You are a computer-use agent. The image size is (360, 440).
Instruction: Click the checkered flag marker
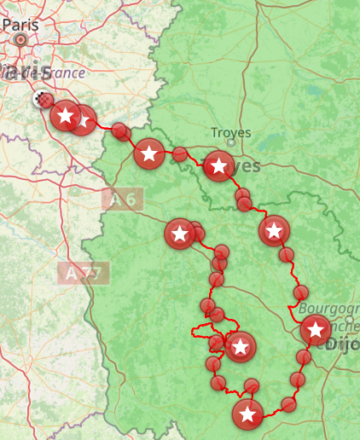40,100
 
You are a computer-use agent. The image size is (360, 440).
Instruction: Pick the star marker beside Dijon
316,329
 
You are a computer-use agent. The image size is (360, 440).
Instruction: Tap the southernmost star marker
247,415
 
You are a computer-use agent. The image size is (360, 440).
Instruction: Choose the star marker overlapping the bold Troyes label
219,165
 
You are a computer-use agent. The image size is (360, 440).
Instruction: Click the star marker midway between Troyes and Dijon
274,230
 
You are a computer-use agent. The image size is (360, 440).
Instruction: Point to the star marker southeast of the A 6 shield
179,233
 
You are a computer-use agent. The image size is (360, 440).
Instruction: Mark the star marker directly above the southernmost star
241,346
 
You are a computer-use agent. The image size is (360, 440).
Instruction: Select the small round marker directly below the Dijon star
304,356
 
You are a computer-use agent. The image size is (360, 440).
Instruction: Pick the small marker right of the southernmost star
288,404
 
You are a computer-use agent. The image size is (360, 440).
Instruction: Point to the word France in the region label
66,72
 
